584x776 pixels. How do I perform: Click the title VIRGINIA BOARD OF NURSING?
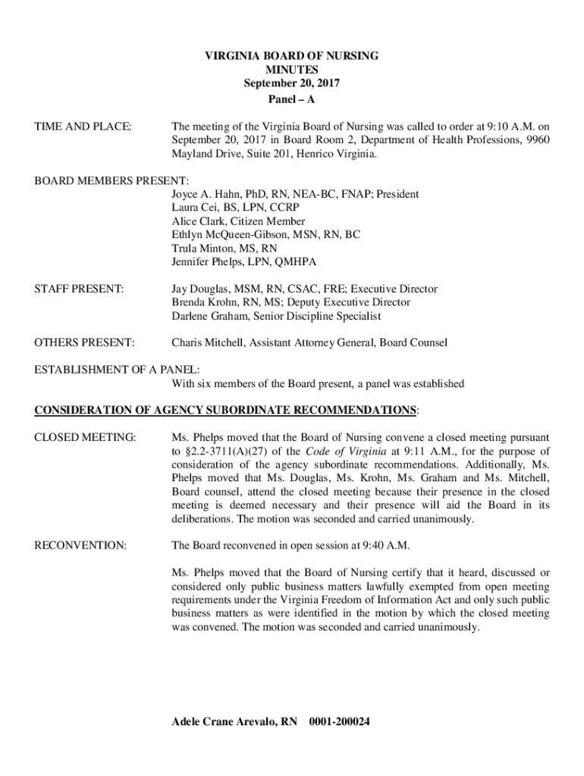(292, 56)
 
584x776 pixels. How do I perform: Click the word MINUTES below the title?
(292, 70)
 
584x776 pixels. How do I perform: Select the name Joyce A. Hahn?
(207, 195)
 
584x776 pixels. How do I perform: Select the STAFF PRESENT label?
(79, 289)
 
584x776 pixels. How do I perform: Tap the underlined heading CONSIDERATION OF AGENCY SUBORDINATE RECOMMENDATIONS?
(225, 411)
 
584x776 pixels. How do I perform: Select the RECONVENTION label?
(80, 546)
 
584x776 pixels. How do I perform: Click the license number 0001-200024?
(340, 721)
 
